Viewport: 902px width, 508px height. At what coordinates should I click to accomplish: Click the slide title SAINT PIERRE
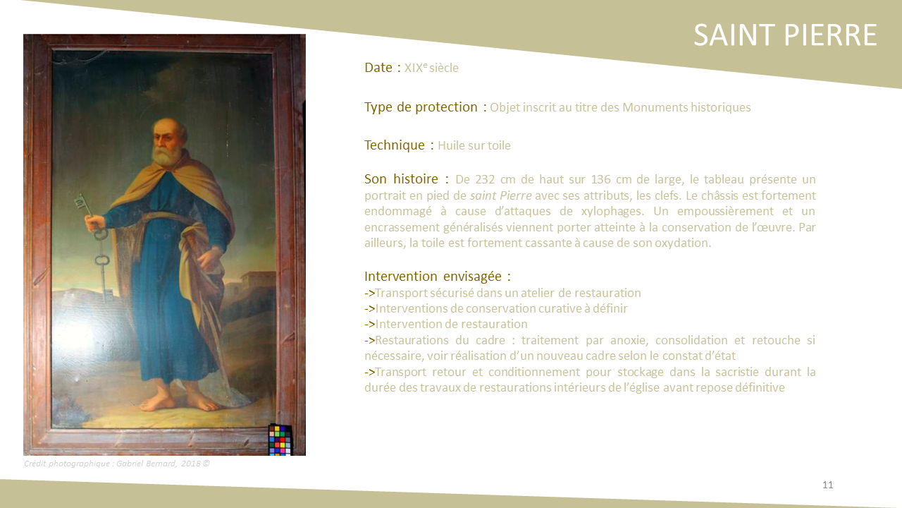pos(785,35)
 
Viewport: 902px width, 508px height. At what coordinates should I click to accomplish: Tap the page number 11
pos(827,485)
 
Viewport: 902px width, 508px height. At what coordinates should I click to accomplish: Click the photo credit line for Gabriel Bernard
pos(117,464)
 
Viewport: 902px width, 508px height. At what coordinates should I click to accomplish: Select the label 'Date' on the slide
pos(378,67)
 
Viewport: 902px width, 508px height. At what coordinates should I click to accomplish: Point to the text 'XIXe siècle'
pos(431,68)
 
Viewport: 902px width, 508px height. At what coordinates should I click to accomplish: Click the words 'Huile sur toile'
pos(474,145)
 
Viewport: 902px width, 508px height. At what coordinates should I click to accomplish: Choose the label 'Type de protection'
pos(421,107)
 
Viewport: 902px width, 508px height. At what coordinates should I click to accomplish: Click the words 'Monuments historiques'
pos(686,108)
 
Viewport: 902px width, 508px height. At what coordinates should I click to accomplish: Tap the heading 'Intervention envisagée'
pos(433,276)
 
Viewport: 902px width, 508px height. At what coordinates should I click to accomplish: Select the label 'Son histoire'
pos(401,179)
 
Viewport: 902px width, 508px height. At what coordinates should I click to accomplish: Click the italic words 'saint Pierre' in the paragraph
pos(501,195)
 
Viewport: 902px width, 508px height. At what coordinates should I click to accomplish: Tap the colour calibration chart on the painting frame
pos(280,440)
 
